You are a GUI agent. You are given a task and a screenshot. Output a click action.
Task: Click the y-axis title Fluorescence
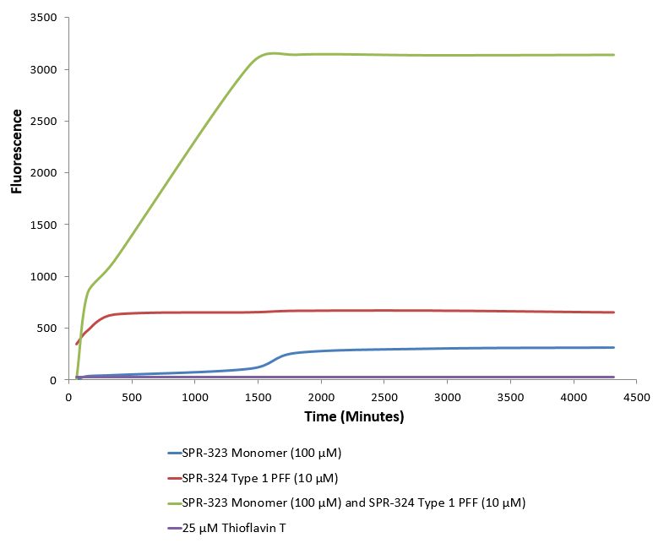(16, 149)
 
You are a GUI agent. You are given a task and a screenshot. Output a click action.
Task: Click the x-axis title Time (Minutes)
(353, 416)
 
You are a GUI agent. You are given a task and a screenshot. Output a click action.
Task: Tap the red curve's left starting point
(77, 344)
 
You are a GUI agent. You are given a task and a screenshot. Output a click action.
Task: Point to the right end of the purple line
(614, 377)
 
